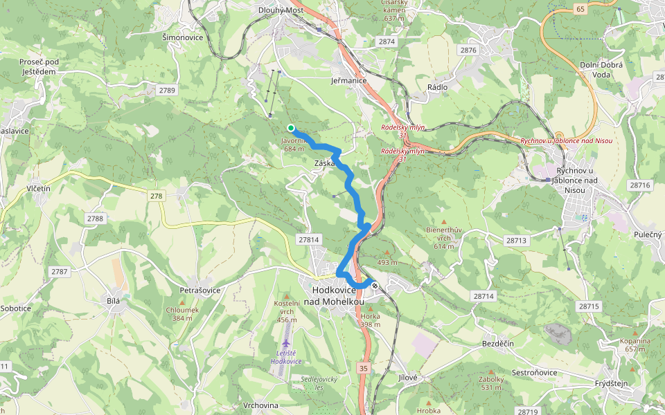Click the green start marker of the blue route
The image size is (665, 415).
pos(291,127)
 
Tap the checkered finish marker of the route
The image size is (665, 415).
pos(375,285)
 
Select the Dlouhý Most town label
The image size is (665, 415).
pos(281,10)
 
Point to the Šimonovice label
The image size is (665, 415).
pos(182,37)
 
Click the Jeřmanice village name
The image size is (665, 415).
pos(348,80)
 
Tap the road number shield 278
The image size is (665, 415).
pos(157,196)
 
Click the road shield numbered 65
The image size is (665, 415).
pos(580,9)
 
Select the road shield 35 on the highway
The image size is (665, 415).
pos(364,369)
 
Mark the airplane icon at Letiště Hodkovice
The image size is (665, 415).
pos(285,343)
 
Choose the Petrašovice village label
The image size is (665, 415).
pos(199,290)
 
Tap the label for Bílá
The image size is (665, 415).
pos(114,301)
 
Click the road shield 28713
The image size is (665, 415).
pos(516,241)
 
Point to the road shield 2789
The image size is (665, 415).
pos(167,90)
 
